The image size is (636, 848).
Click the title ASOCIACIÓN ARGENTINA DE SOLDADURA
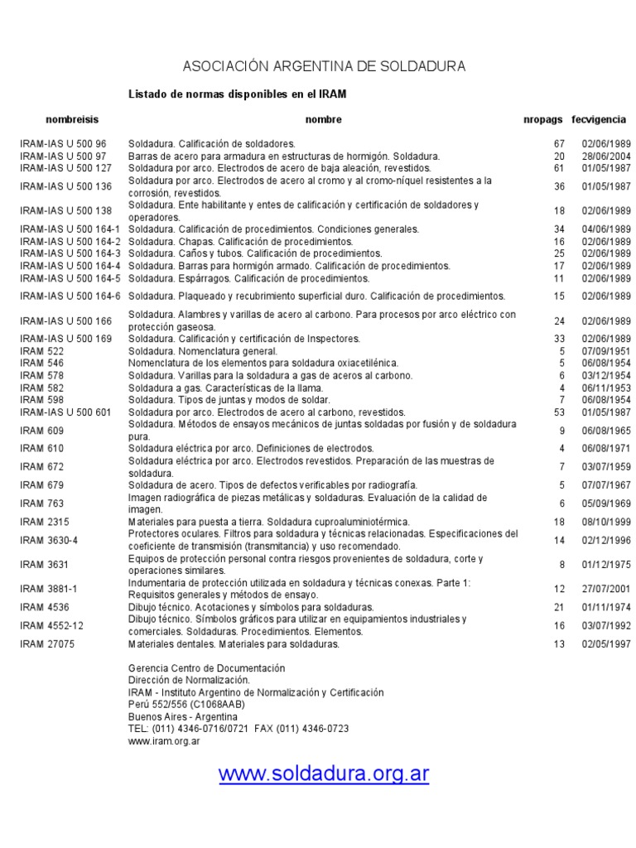pos(324,65)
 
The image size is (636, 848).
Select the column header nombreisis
pos(72,120)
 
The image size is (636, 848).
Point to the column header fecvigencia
pos(599,120)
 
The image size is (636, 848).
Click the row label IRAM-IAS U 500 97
pos(64,156)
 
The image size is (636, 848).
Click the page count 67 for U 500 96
pos(559,144)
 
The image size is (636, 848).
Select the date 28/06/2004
pos(606,156)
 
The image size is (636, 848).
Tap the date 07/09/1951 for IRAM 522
pos(606,351)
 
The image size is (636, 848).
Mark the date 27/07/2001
pos(606,589)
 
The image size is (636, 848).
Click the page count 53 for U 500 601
pos(559,412)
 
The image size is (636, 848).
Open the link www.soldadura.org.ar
pos(324,774)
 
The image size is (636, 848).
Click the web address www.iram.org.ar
pos(163,741)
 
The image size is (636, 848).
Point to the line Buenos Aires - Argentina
pos(182,716)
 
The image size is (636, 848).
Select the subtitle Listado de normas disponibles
pos(237,94)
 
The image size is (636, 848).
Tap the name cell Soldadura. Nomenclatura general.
pos(203,351)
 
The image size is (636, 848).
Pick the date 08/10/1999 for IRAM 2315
pos(606,522)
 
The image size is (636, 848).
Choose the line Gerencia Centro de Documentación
pos(206,668)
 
